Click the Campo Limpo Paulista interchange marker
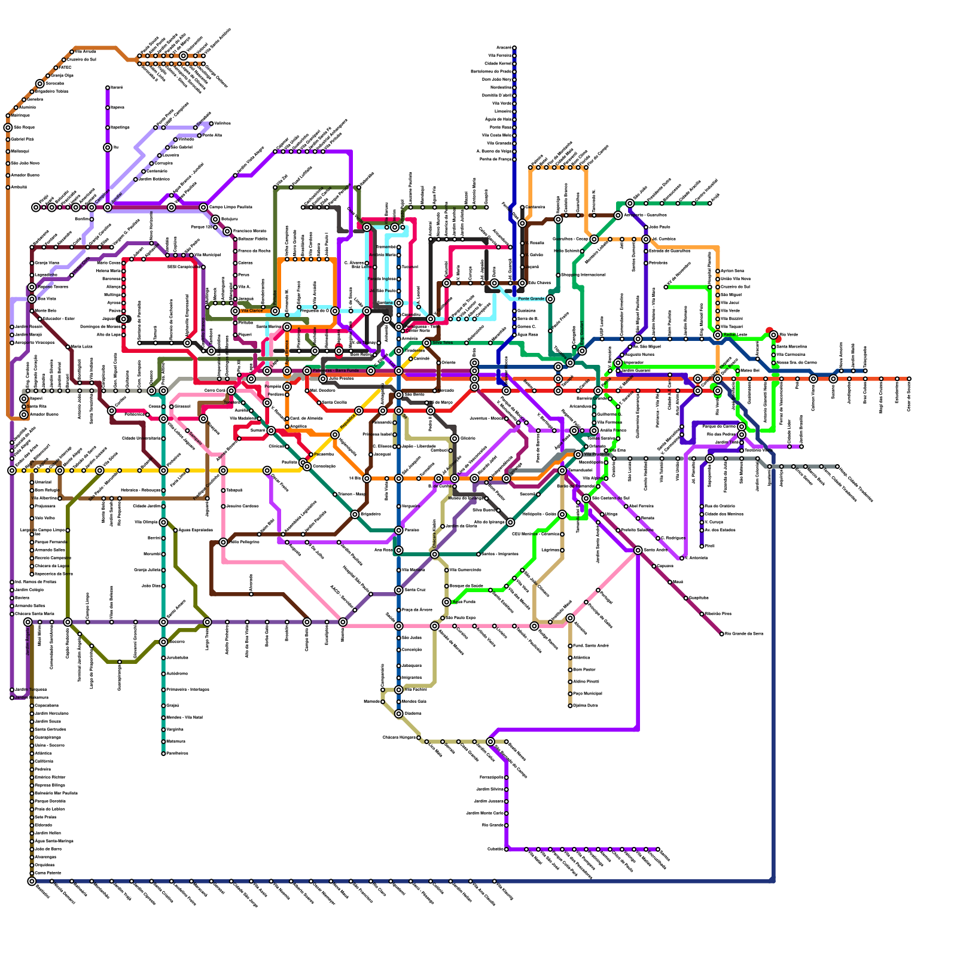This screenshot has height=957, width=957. (203, 208)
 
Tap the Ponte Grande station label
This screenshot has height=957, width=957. (531, 298)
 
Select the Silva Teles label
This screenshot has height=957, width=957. (443, 343)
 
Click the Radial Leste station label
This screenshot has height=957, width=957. (734, 334)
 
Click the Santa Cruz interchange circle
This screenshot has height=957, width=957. (399, 590)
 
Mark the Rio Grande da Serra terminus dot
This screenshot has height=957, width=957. (722, 634)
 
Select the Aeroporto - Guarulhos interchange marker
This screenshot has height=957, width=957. (618, 215)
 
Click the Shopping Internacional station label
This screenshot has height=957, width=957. (583, 275)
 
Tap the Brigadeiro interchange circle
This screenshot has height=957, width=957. (355, 514)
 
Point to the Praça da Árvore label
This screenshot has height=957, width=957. (417, 610)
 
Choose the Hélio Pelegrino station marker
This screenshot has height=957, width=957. (223, 542)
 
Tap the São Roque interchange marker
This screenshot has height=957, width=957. (8, 127)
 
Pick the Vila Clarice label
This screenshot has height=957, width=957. (252, 311)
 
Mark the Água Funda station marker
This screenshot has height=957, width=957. (447, 602)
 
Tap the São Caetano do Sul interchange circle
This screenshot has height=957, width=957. (586, 498)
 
